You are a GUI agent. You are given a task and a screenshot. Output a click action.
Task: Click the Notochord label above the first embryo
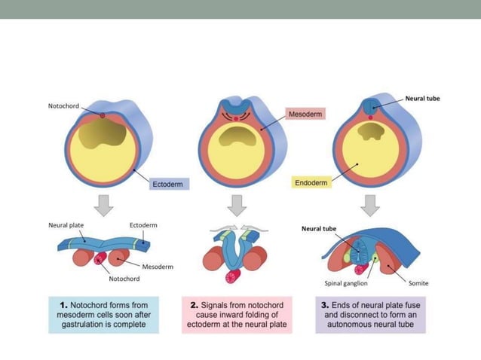pyautogui.click(x=63, y=107)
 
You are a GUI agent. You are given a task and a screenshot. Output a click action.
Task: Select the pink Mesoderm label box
pyautogui.click(x=305, y=114)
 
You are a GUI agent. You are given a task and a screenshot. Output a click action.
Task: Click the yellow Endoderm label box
pyautogui.click(x=310, y=183)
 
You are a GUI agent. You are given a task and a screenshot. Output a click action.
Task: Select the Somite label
pyautogui.click(x=418, y=283)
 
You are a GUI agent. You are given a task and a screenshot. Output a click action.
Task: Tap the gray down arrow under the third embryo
pyautogui.click(x=369, y=204)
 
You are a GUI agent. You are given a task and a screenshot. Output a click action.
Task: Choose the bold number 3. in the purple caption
pyautogui.click(x=326, y=305)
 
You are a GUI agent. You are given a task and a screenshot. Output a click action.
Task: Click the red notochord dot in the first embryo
pyautogui.click(x=103, y=115)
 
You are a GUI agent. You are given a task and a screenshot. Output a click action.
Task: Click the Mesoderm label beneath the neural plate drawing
pyautogui.click(x=158, y=266)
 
